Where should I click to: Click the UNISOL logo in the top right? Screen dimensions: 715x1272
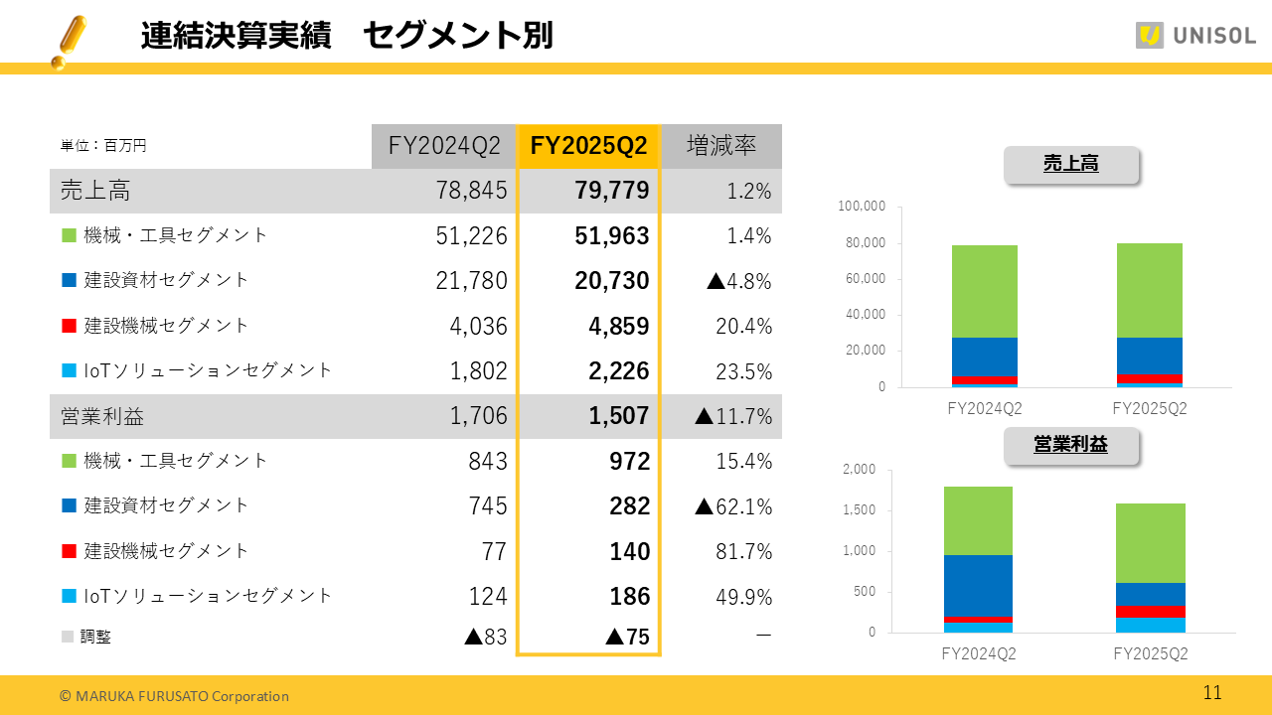[x=1195, y=36]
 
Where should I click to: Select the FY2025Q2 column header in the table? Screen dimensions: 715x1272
[x=588, y=146]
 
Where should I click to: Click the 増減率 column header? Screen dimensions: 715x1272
[x=721, y=146]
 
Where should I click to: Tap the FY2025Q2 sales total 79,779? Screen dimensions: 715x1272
[x=612, y=191]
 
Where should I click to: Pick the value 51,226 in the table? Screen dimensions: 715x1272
[x=471, y=235]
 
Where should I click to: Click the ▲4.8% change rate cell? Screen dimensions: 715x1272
[x=738, y=281]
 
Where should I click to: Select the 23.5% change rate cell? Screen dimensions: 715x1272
[x=743, y=371]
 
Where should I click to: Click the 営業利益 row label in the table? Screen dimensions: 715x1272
[x=101, y=416]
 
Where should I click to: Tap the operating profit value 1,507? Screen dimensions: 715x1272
[x=620, y=416]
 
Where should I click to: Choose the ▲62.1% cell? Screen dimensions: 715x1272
[x=733, y=506]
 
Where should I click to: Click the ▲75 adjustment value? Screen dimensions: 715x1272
[x=627, y=637]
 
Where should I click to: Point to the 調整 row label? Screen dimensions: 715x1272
[x=95, y=637]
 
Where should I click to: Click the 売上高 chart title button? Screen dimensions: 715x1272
[x=1070, y=165]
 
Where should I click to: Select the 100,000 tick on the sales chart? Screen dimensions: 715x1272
[x=862, y=207]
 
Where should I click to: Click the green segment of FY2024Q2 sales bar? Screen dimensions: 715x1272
[x=983, y=291]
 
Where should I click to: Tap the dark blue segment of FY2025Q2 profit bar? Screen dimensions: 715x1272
[x=1150, y=594]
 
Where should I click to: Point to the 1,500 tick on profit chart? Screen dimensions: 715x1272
[x=861, y=510]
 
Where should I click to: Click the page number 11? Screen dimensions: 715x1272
[x=1212, y=693]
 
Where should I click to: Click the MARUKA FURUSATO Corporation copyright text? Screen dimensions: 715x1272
[x=174, y=696]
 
